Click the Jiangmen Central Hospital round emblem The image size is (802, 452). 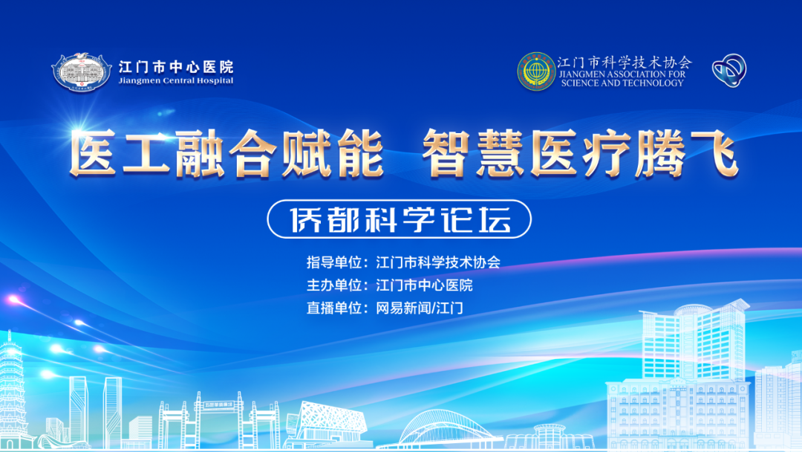click(x=82, y=72)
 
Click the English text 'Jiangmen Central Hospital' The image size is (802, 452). click(x=176, y=80)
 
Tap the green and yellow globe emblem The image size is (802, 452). click(x=536, y=71)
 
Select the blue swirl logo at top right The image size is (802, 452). click(x=729, y=70)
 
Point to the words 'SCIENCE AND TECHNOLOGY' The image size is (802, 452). click(x=622, y=83)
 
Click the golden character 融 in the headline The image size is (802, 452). click(x=199, y=153)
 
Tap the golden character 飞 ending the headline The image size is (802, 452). click(x=714, y=153)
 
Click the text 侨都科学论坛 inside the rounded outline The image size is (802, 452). click(x=400, y=219)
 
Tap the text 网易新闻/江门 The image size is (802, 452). click(x=420, y=309)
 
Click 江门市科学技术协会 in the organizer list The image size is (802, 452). click(x=438, y=262)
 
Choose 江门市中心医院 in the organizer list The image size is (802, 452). click(x=424, y=285)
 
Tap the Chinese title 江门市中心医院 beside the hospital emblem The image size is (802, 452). click(x=176, y=67)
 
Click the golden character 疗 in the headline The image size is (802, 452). click(x=606, y=153)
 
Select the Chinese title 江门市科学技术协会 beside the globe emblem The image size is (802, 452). click(x=625, y=62)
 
